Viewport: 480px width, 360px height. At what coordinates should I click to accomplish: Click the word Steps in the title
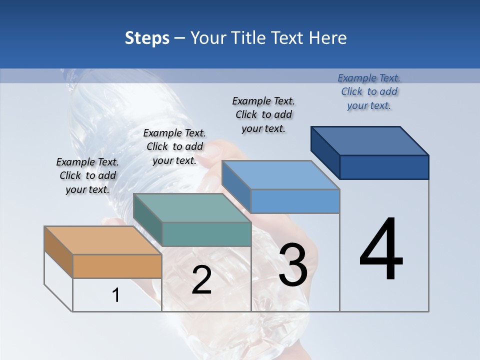(147, 38)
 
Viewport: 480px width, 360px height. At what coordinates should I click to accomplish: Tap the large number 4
(381, 249)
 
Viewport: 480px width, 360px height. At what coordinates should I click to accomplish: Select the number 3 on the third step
(293, 265)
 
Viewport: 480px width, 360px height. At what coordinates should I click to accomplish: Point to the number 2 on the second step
(201, 280)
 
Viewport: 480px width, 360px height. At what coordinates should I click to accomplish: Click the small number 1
(116, 295)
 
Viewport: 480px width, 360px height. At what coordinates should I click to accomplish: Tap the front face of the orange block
(117, 266)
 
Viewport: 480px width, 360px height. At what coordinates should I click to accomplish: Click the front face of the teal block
(206, 234)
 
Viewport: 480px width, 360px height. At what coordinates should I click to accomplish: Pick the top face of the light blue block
(280, 175)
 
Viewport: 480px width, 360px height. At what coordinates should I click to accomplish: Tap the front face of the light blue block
(295, 201)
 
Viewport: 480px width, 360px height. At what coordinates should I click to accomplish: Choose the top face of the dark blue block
(370, 140)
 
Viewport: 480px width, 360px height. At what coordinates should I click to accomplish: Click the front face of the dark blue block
(384, 167)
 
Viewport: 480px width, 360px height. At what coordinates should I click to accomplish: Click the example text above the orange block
(87, 176)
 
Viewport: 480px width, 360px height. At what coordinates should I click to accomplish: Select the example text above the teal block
(174, 146)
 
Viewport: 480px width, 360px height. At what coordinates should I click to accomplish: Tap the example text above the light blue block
(263, 114)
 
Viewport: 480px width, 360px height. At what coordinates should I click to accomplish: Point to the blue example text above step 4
(369, 91)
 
